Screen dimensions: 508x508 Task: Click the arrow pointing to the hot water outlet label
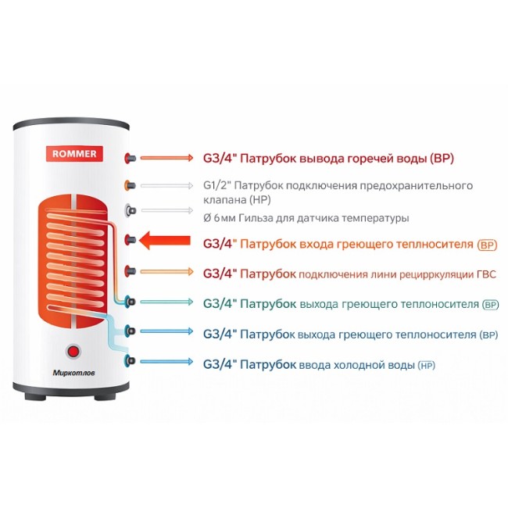coord(166,158)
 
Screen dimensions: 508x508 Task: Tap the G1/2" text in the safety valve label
coord(217,186)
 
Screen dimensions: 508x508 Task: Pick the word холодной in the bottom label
coord(363,365)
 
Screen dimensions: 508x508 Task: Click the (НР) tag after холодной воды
coord(427,365)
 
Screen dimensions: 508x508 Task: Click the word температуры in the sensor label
coord(374,218)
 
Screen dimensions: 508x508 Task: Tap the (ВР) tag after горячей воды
coord(442,158)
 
